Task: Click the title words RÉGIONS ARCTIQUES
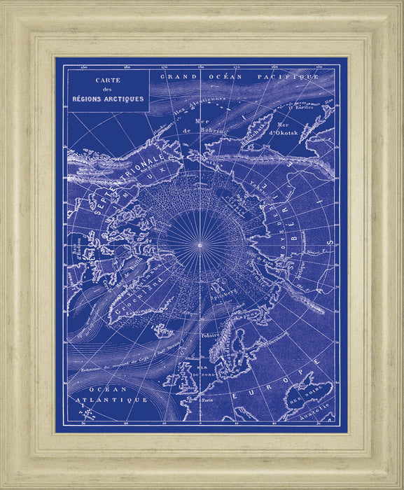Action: click(109, 99)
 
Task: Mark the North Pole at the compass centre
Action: click(200, 244)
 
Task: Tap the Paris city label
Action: click(206, 401)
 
